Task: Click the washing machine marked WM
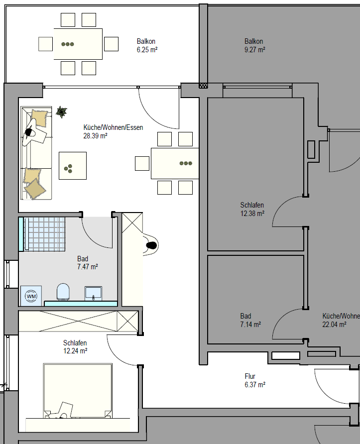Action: tap(31, 296)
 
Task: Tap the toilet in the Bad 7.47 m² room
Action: tap(63, 292)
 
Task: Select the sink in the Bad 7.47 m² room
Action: tap(93, 293)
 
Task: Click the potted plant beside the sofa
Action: tap(61, 112)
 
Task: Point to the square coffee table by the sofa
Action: tap(73, 166)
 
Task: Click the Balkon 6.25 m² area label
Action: tap(147, 45)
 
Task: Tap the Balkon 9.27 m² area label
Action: tap(254, 45)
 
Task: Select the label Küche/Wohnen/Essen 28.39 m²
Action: tap(113, 131)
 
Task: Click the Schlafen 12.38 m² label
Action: tap(252, 209)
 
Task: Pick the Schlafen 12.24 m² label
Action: tap(75, 347)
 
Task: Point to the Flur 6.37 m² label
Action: tap(255, 380)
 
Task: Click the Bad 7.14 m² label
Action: tap(250, 320)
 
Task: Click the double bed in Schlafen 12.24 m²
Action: tap(78, 391)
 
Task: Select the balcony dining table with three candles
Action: tap(78, 44)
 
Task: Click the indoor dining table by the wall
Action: tap(175, 163)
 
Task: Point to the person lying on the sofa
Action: tap(34, 132)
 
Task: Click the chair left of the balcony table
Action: tap(46, 44)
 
